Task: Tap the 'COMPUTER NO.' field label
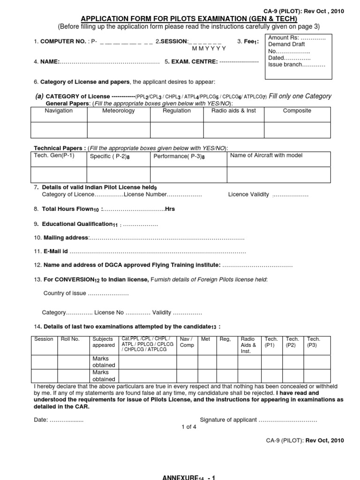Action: (x=62, y=41)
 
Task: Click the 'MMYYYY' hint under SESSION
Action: (x=209, y=48)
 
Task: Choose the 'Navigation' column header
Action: (x=59, y=111)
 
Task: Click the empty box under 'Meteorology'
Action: (x=118, y=129)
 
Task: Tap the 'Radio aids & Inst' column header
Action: (x=234, y=111)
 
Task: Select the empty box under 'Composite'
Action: (x=297, y=129)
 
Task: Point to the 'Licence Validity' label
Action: (x=248, y=194)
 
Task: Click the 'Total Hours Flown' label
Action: (x=70, y=209)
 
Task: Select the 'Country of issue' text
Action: (x=65, y=293)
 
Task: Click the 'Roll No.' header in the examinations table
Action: (x=70, y=339)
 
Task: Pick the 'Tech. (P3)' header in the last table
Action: (x=314, y=342)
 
